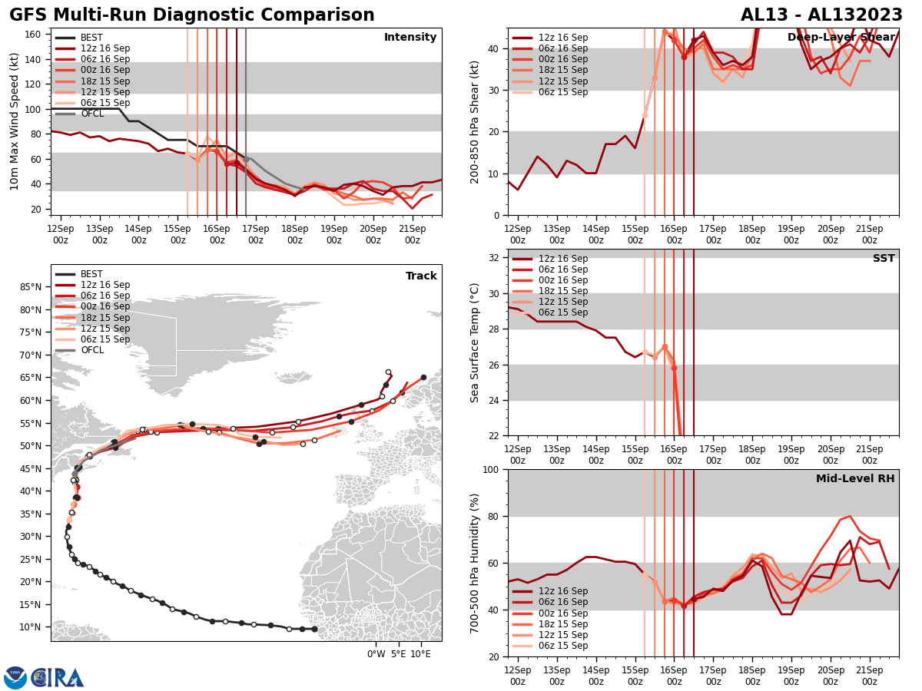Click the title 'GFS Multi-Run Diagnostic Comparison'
coord(192,15)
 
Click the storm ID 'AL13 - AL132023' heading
coord(820,15)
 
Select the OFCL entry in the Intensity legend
coord(91,114)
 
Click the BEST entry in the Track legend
coord(91,274)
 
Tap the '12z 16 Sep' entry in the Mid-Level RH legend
coord(562,591)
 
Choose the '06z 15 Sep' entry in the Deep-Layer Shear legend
coord(562,92)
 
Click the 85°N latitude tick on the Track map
coord(31,287)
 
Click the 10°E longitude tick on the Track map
coord(420,654)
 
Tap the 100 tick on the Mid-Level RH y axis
coord(490,469)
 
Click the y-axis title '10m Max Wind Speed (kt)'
coord(15,121)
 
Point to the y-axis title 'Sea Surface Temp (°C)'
coord(475,342)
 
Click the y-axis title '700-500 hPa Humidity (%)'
coord(475,563)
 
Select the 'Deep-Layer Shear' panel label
coord(841,38)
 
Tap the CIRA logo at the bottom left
coord(58,678)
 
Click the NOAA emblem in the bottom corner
coord(15,678)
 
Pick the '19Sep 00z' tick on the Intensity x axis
coord(333,234)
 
